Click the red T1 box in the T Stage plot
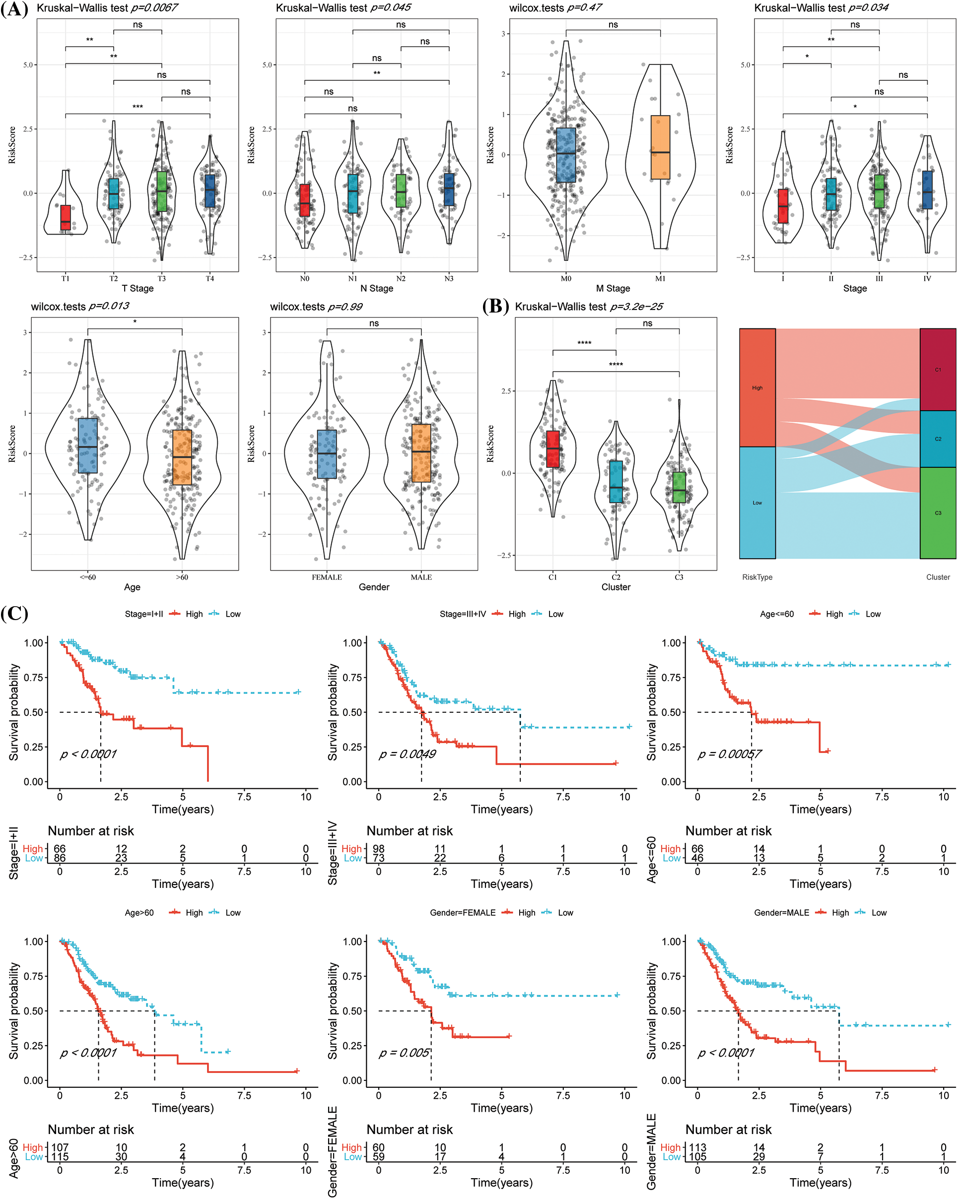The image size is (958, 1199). click(x=66, y=217)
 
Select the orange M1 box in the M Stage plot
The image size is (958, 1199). click(x=660, y=147)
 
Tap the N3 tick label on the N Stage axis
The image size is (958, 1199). click(x=448, y=279)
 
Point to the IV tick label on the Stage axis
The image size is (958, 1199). click(x=927, y=279)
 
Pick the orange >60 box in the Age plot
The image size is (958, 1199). click(x=182, y=457)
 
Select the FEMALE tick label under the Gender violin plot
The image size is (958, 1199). click(x=327, y=577)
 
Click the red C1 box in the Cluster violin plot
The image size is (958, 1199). click(x=552, y=449)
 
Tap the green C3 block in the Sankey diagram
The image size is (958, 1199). click(x=938, y=513)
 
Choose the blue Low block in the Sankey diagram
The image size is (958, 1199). click(x=757, y=503)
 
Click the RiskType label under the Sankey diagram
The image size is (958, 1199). click(x=757, y=577)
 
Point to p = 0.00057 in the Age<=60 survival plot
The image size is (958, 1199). click(x=729, y=755)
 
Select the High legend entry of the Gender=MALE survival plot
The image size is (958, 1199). click(x=840, y=913)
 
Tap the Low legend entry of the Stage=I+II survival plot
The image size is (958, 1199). click(x=232, y=614)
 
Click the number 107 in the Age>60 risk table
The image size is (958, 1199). click(x=60, y=1148)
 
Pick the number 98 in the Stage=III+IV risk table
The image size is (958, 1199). click(x=378, y=849)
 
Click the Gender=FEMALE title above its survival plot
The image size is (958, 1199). click(x=462, y=913)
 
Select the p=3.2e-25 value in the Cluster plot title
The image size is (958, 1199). click(x=636, y=307)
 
